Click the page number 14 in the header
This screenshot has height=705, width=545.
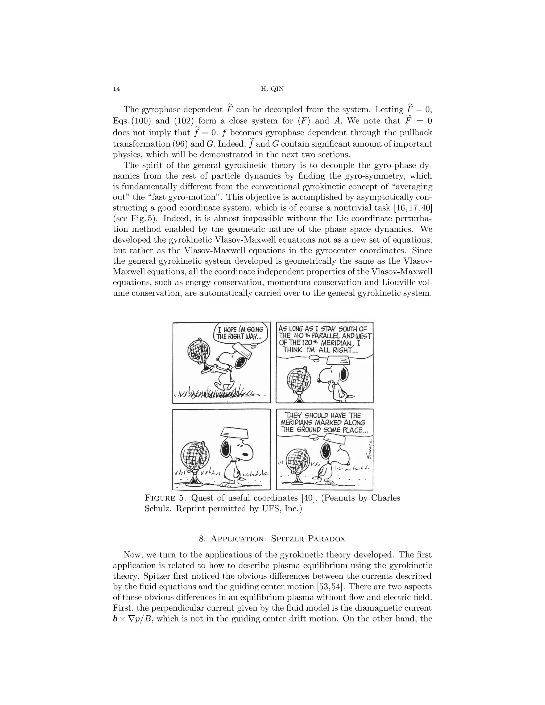[x=116, y=89]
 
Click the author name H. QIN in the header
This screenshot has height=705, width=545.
[x=272, y=89]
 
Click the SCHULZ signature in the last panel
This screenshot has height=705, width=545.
[x=369, y=449]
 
